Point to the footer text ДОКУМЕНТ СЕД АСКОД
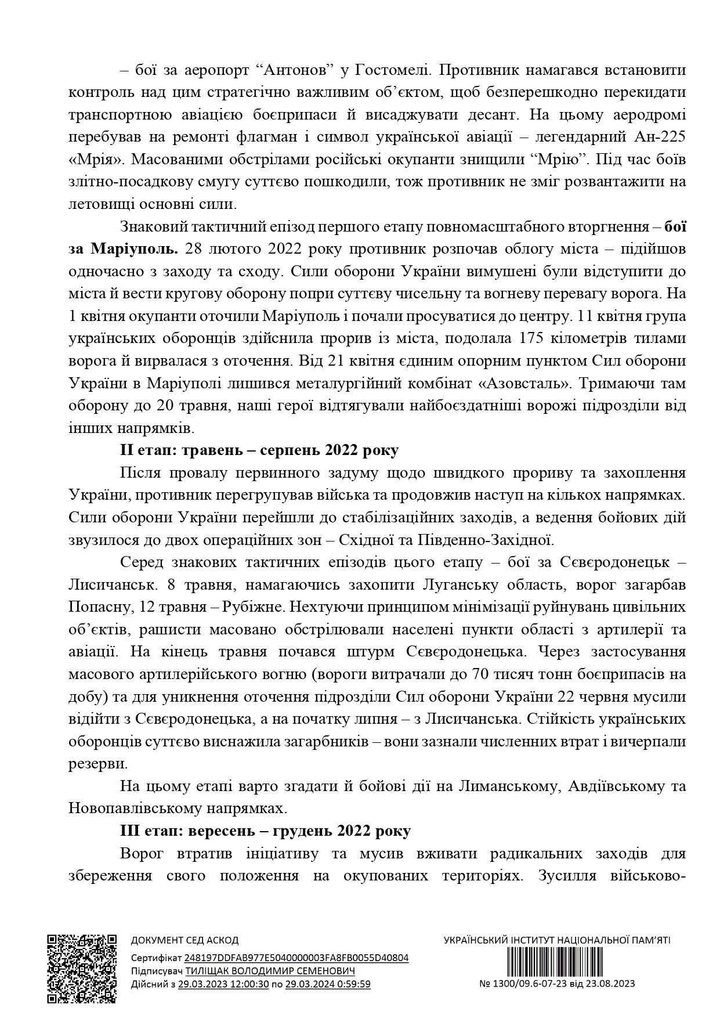(x=185, y=940)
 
